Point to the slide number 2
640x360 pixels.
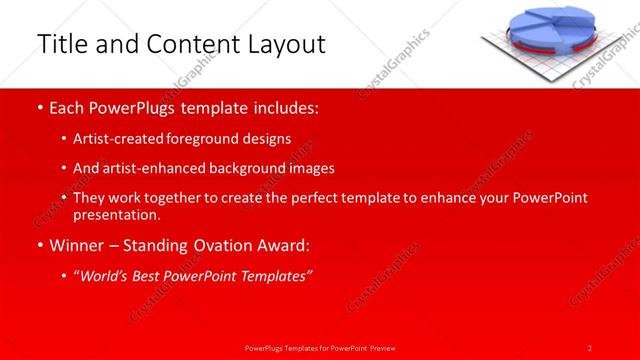[x=590, y=347]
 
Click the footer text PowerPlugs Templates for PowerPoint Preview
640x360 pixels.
[x=320, y=347]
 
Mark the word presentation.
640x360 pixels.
[x=117, y=215]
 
